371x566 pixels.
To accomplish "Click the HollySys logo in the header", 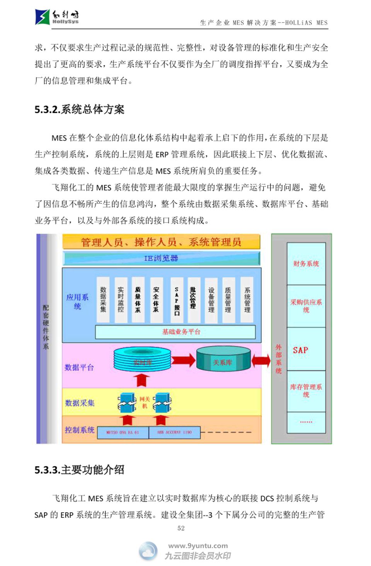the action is [57, 17].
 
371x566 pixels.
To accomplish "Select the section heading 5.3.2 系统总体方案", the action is [79, 109].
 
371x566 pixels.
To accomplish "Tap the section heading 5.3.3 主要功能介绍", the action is [79, 470].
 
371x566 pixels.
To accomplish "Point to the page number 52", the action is [181, 528].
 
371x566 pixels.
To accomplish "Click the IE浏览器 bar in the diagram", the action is [161, 258].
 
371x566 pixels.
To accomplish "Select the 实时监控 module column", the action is [121, 300].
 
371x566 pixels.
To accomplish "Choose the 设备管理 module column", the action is [211, 300].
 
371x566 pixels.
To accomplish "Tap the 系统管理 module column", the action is [247, 300].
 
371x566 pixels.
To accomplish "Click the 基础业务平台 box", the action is [175, 332].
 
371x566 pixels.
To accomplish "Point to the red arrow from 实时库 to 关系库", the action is [184, 360].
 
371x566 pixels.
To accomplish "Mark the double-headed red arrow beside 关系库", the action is [261, 360].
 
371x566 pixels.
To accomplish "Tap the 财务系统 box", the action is [306, 264].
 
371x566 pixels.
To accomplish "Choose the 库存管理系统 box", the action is [306, 391].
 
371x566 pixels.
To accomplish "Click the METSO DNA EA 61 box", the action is [123, 432].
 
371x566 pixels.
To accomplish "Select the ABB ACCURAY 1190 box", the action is [174, 432].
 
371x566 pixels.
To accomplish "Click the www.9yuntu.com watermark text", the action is [198, 546].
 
